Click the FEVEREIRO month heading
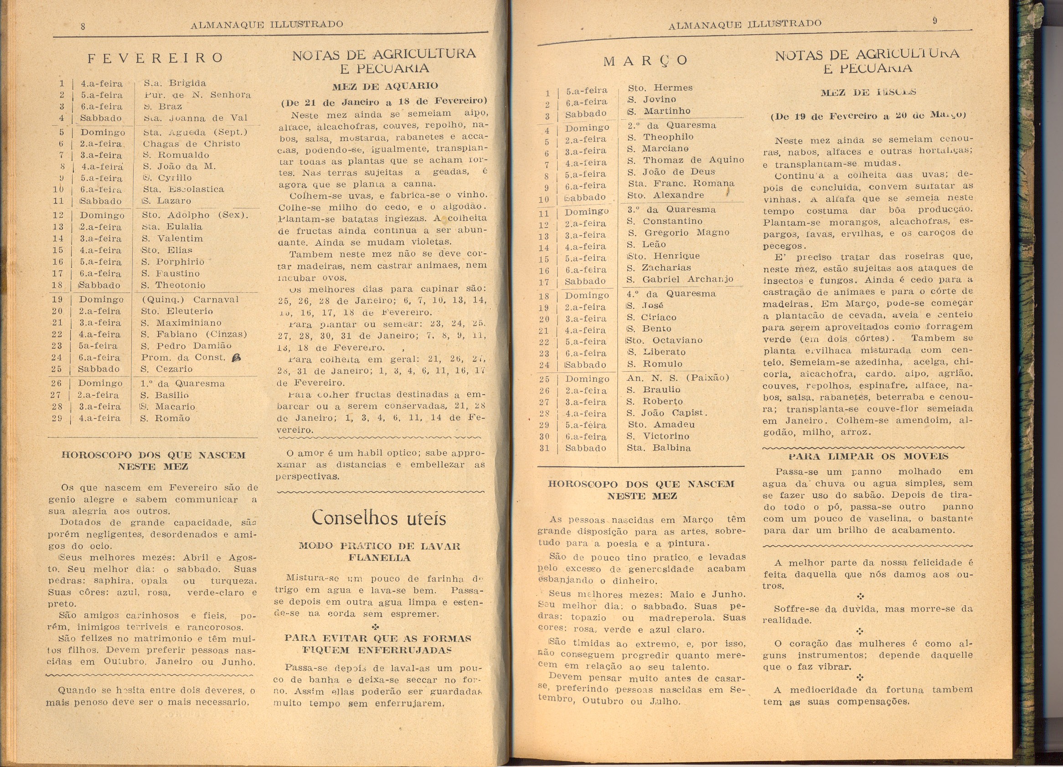(155, 58)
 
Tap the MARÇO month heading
(645, 61)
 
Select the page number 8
(83, 27)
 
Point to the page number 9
(934, 21)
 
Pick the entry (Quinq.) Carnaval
(190, 299)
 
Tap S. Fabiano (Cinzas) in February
(194, 334)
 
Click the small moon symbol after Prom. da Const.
(236, 357)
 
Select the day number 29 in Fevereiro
(57, 418)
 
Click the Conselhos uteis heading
(379, 518)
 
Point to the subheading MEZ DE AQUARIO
(385, 86)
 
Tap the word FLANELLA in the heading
(379, 558)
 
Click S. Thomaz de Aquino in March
(685, 160)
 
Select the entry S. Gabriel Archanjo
(680, 280)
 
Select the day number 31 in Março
(544, 448)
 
